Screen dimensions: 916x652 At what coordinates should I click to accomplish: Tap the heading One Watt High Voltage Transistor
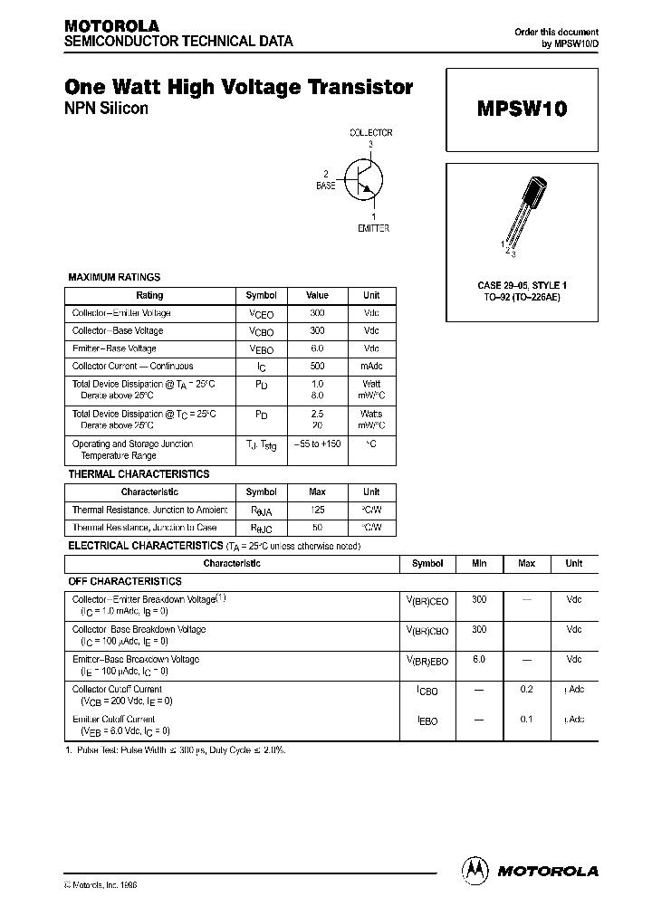(239, 88)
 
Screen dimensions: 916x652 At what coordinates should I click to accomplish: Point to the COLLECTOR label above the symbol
(371, 133)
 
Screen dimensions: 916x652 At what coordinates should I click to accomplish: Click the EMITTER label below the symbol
(373, 228)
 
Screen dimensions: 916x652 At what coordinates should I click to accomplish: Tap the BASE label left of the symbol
(325, 186)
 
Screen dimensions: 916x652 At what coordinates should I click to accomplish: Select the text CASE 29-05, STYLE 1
(522, 286)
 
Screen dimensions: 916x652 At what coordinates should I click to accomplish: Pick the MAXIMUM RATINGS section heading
(114, 277)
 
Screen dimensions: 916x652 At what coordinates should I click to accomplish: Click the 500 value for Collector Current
(317, 367)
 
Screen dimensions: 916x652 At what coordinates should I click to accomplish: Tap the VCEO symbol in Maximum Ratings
(261, 314)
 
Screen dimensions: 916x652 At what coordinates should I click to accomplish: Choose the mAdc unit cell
(371, 367)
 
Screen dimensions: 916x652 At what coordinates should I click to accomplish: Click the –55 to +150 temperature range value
(317, 444)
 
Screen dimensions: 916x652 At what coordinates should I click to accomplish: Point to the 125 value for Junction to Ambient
(317, 510)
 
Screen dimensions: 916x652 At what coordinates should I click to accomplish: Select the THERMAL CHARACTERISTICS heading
(139, 473)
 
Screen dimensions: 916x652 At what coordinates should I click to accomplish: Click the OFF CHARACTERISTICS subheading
(125, 581)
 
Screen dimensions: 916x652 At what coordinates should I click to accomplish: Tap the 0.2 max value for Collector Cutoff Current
(526, 689)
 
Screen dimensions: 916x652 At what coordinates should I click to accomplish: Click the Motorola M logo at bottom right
(475, 870)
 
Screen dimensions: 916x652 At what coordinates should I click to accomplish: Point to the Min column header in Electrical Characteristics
(479, 563)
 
